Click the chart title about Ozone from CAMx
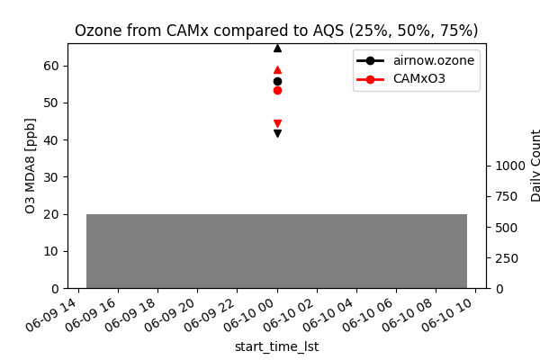tap(276, 31)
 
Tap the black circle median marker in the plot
tap(277, 81)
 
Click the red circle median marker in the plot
tap(277, 90)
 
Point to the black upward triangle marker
tap(277, 48)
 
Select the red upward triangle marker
tap(277, 69)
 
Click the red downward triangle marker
tap(277, 123)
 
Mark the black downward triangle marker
tap(277, 133)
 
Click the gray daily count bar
tap(276, 251)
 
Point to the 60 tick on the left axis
tap(51, 66)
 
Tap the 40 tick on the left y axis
tap(51, 140)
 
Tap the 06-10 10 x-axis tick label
tap(454, 314)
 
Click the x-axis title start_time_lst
tap(276, 346)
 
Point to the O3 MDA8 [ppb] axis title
tap(31, 166)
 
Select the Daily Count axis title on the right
tap(536, 166)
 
